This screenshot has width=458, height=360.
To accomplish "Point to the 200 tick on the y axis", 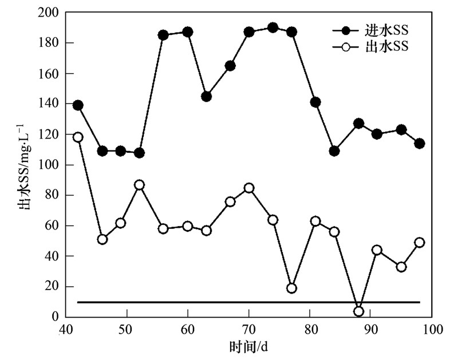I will point(49,12).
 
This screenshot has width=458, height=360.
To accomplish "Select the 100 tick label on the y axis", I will point(49,165).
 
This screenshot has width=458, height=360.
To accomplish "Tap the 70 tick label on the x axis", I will point(248,330).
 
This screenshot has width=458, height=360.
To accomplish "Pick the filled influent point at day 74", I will point(273,27).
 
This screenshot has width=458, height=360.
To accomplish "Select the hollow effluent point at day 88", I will point(359,311).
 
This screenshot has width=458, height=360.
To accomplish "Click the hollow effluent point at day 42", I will point(78,137).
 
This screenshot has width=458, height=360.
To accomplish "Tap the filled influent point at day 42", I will point(78,105).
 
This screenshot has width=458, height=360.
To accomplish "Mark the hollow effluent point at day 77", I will point(291,288).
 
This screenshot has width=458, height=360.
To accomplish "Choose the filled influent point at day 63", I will point(206,96).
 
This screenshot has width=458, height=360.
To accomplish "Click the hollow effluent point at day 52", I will point(139,185).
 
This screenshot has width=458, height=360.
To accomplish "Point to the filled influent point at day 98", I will point(420,143).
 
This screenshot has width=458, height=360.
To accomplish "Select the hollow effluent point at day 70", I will point(249,188).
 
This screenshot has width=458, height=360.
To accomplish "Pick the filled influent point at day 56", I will point(163,35).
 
